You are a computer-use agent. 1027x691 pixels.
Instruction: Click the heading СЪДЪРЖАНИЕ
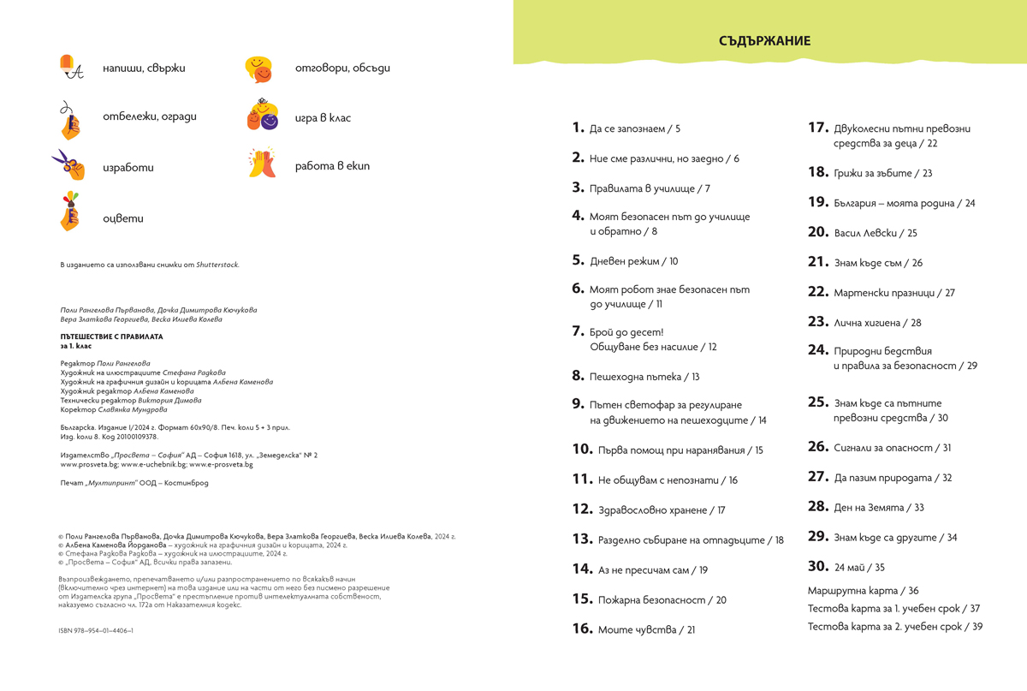765,41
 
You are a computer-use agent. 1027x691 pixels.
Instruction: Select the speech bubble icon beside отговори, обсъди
258,69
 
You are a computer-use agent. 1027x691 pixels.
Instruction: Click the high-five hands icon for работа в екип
262,163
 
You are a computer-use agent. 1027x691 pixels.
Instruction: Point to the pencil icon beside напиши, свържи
71,68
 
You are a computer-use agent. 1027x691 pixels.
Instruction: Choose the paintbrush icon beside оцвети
70,211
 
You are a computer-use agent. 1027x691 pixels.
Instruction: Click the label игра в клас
323,118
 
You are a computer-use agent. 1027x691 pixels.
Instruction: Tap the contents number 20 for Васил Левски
818,232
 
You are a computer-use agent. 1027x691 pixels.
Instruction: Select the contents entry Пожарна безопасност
657,600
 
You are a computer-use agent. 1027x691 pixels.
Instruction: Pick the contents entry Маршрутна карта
863,591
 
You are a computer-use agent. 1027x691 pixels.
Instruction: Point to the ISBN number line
97,630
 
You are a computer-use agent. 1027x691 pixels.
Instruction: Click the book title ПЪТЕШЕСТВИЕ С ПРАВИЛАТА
111,337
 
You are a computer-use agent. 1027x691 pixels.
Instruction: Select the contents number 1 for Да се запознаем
578,128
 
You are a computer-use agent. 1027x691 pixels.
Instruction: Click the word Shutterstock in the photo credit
217,265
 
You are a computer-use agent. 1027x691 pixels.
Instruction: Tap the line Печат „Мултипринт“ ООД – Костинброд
134,483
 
